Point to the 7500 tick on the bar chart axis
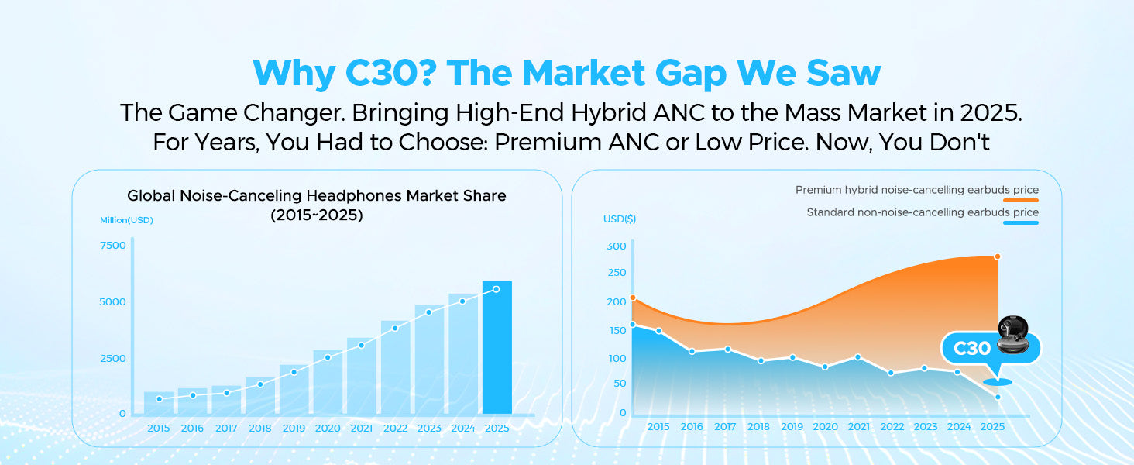click(113, 246)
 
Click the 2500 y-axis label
click(113, 358)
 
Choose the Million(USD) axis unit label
click(126, 220)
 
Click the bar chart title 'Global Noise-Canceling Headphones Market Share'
click(316, 196)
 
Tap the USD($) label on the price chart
click(620, 219)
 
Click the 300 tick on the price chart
click(616, 246)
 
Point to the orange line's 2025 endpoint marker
click(997, 257)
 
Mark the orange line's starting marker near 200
click(633, 298)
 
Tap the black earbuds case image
click(1016, 336)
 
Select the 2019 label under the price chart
click(792, 427)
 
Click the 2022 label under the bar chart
click(395, 428)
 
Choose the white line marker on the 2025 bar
click(497, 289)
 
